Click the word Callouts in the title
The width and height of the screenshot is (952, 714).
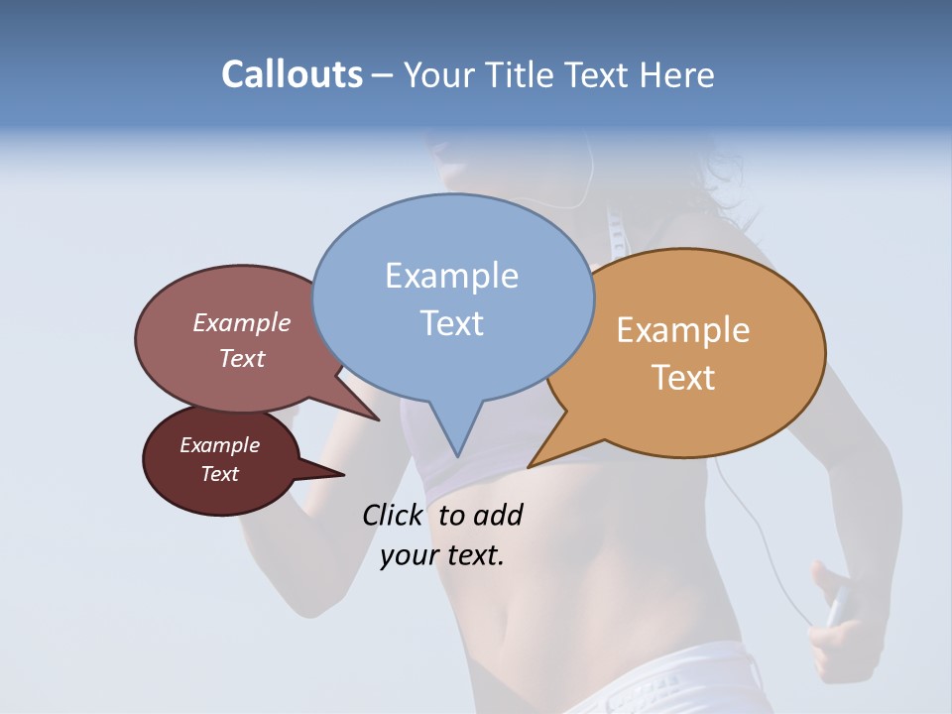point(292,74)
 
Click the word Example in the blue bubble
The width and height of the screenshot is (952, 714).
point(451,275)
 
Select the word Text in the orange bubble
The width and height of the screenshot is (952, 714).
point(684,378)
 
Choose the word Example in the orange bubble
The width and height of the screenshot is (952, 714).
point(683,329)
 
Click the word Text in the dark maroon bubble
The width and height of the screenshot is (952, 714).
point(220,474)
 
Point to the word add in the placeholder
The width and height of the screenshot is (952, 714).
point(498,515)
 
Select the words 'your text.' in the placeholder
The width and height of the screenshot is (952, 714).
point(442,555)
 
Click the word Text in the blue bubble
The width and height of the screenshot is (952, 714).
point(452,322)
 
